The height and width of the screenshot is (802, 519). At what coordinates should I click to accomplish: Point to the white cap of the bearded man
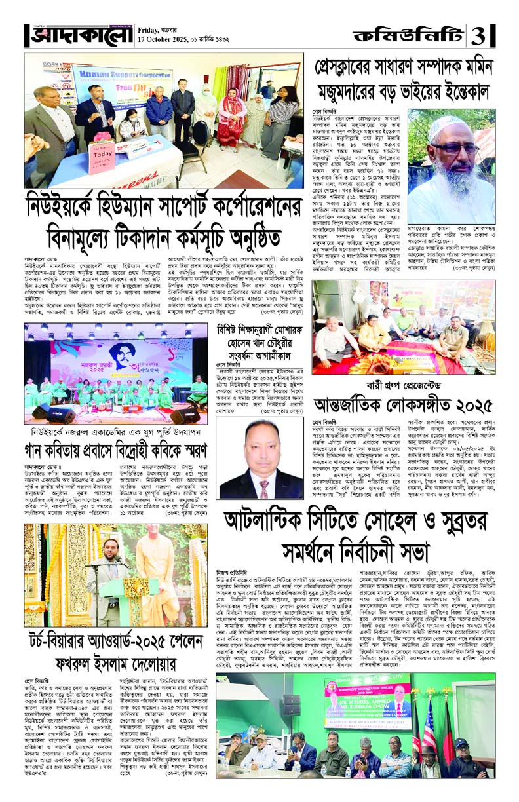(446, 124)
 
